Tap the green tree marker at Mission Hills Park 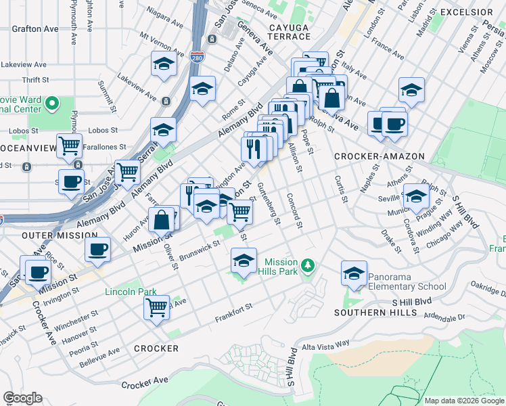[x=308, y=264]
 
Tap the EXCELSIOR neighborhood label [x=467, y=12]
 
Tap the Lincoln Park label [x=131, y=292]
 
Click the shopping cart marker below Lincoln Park [x=157, y=308]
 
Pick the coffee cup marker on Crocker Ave [x=37, y=272]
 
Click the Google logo [x=22, y=398]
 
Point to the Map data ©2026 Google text [x=463, y=401]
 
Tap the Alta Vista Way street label [x=326, y=345]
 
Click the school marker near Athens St [x=416, y=197]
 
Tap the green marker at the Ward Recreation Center [x=51, y=104]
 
